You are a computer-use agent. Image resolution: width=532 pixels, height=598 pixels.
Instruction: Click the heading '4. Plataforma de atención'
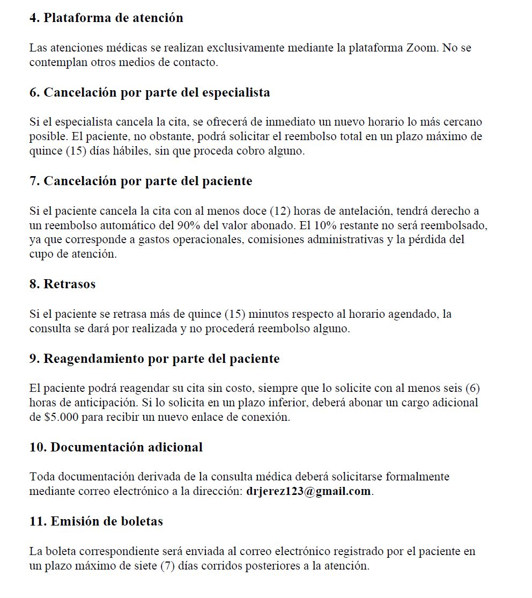[x=106, y=18]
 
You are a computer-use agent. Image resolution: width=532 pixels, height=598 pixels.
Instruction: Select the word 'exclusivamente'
[x=243, y=48]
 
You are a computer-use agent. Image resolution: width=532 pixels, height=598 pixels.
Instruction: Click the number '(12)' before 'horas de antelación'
[x=279, y=210]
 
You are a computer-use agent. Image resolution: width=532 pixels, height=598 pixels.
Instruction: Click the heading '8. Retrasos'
[x=62, y=285]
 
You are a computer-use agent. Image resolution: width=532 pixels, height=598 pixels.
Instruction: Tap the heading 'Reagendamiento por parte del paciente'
[x=154, y=359]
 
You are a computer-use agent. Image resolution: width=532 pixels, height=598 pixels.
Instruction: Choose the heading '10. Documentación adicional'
[x=116, y=447]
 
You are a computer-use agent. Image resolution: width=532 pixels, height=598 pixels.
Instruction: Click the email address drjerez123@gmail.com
[x=308, y=491]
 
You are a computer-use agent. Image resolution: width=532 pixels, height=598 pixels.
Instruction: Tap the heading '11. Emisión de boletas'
[x=96, y=521]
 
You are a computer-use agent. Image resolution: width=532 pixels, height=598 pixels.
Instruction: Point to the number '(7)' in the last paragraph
[x=169, y=566]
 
